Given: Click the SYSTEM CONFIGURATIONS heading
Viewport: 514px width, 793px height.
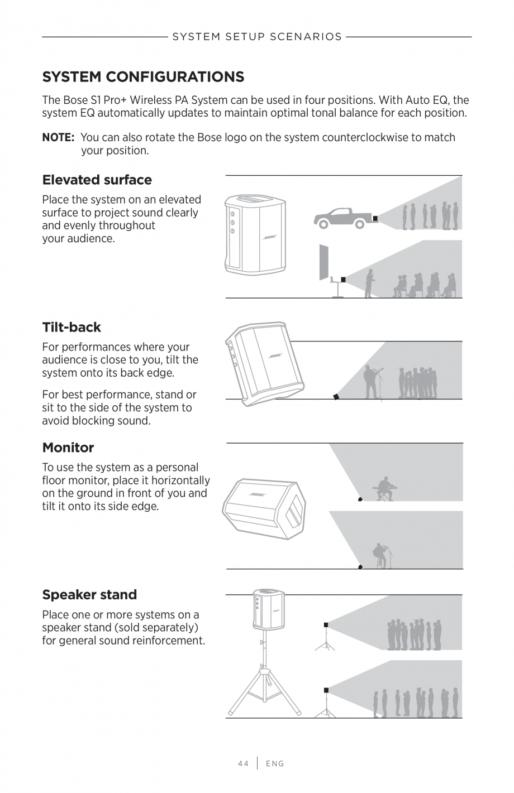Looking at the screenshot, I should coord(143,76).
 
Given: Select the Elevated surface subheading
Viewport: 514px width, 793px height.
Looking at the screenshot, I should coord(97,180).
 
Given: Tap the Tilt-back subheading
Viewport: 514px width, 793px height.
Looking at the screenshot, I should coord(72,327).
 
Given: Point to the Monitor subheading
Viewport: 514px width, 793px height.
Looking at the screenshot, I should coord(68,448).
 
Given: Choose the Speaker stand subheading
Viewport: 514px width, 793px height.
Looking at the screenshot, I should coord(89,595).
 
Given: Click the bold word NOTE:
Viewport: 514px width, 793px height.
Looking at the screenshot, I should coord(58,137).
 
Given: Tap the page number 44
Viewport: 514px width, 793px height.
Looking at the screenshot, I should coord(243,763).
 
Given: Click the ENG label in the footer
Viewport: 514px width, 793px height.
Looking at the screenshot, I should coord(275,763).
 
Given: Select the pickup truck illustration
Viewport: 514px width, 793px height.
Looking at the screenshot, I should coord(342,218).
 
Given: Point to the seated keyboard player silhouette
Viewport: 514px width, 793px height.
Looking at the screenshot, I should coord(385,488).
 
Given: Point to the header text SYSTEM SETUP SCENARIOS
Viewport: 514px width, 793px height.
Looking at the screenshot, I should coord(257,37).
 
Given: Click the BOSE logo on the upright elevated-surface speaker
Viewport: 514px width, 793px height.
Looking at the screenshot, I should coord(270,238).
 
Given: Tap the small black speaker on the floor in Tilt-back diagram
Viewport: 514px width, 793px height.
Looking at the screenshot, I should coord(335,396).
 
